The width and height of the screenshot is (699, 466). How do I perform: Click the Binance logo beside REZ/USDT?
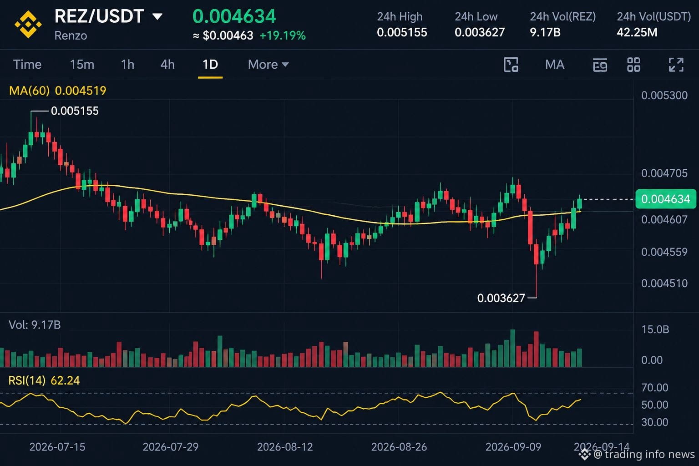pyautogui.click(x=28, y=24)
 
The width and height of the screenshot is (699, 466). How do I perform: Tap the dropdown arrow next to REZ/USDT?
pyautogui.click(x=157, y=16)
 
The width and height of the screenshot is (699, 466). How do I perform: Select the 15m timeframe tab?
pyautogui.click(x=82, y=65)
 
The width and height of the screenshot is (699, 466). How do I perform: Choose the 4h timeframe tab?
pyautogui.click(x=167, y=65)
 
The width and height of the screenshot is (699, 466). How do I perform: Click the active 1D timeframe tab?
pyautogui.click(x=210, y=65)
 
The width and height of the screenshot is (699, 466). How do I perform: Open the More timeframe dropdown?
pyautogui.click(x=268, y=65)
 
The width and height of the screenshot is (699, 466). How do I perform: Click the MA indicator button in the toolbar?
pyautogui.click(x=555, y=65)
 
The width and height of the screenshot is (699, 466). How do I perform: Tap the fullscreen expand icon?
pyautogui.click(x=676, y=65)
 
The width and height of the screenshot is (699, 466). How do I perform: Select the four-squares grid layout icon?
pyautogui.click(x=634, y=65)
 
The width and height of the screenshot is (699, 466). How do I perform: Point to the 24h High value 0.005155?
pyautogui.click(x=402, y=32)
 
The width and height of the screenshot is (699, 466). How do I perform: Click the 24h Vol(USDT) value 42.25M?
pyautogui.click(x=637, y=32)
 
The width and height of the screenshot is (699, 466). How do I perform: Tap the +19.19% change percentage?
pyautogui.click(x=283, y=35)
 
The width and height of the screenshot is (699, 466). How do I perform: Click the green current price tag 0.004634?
pyautogui.click(x=666, y=199)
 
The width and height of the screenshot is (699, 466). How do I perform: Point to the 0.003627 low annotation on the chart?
pyautogui.click(x=501, y=298)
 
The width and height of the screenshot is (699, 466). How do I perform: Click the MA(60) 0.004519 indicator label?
pyautogui.click(x=58, y=91)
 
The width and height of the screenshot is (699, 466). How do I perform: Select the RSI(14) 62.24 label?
pyautogui.click(x=44, y=380)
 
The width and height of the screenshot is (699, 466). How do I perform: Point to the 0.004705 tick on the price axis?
pyautogui.click(x=664, y=173)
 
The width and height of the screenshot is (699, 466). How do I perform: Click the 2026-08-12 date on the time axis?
pyautogui.click(x=285, y=447)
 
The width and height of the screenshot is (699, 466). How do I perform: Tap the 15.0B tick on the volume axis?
pyautogui.click(x=655, y=329)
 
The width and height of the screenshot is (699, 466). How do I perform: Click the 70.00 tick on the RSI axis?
pyautogui.click(x=655, y=388)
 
